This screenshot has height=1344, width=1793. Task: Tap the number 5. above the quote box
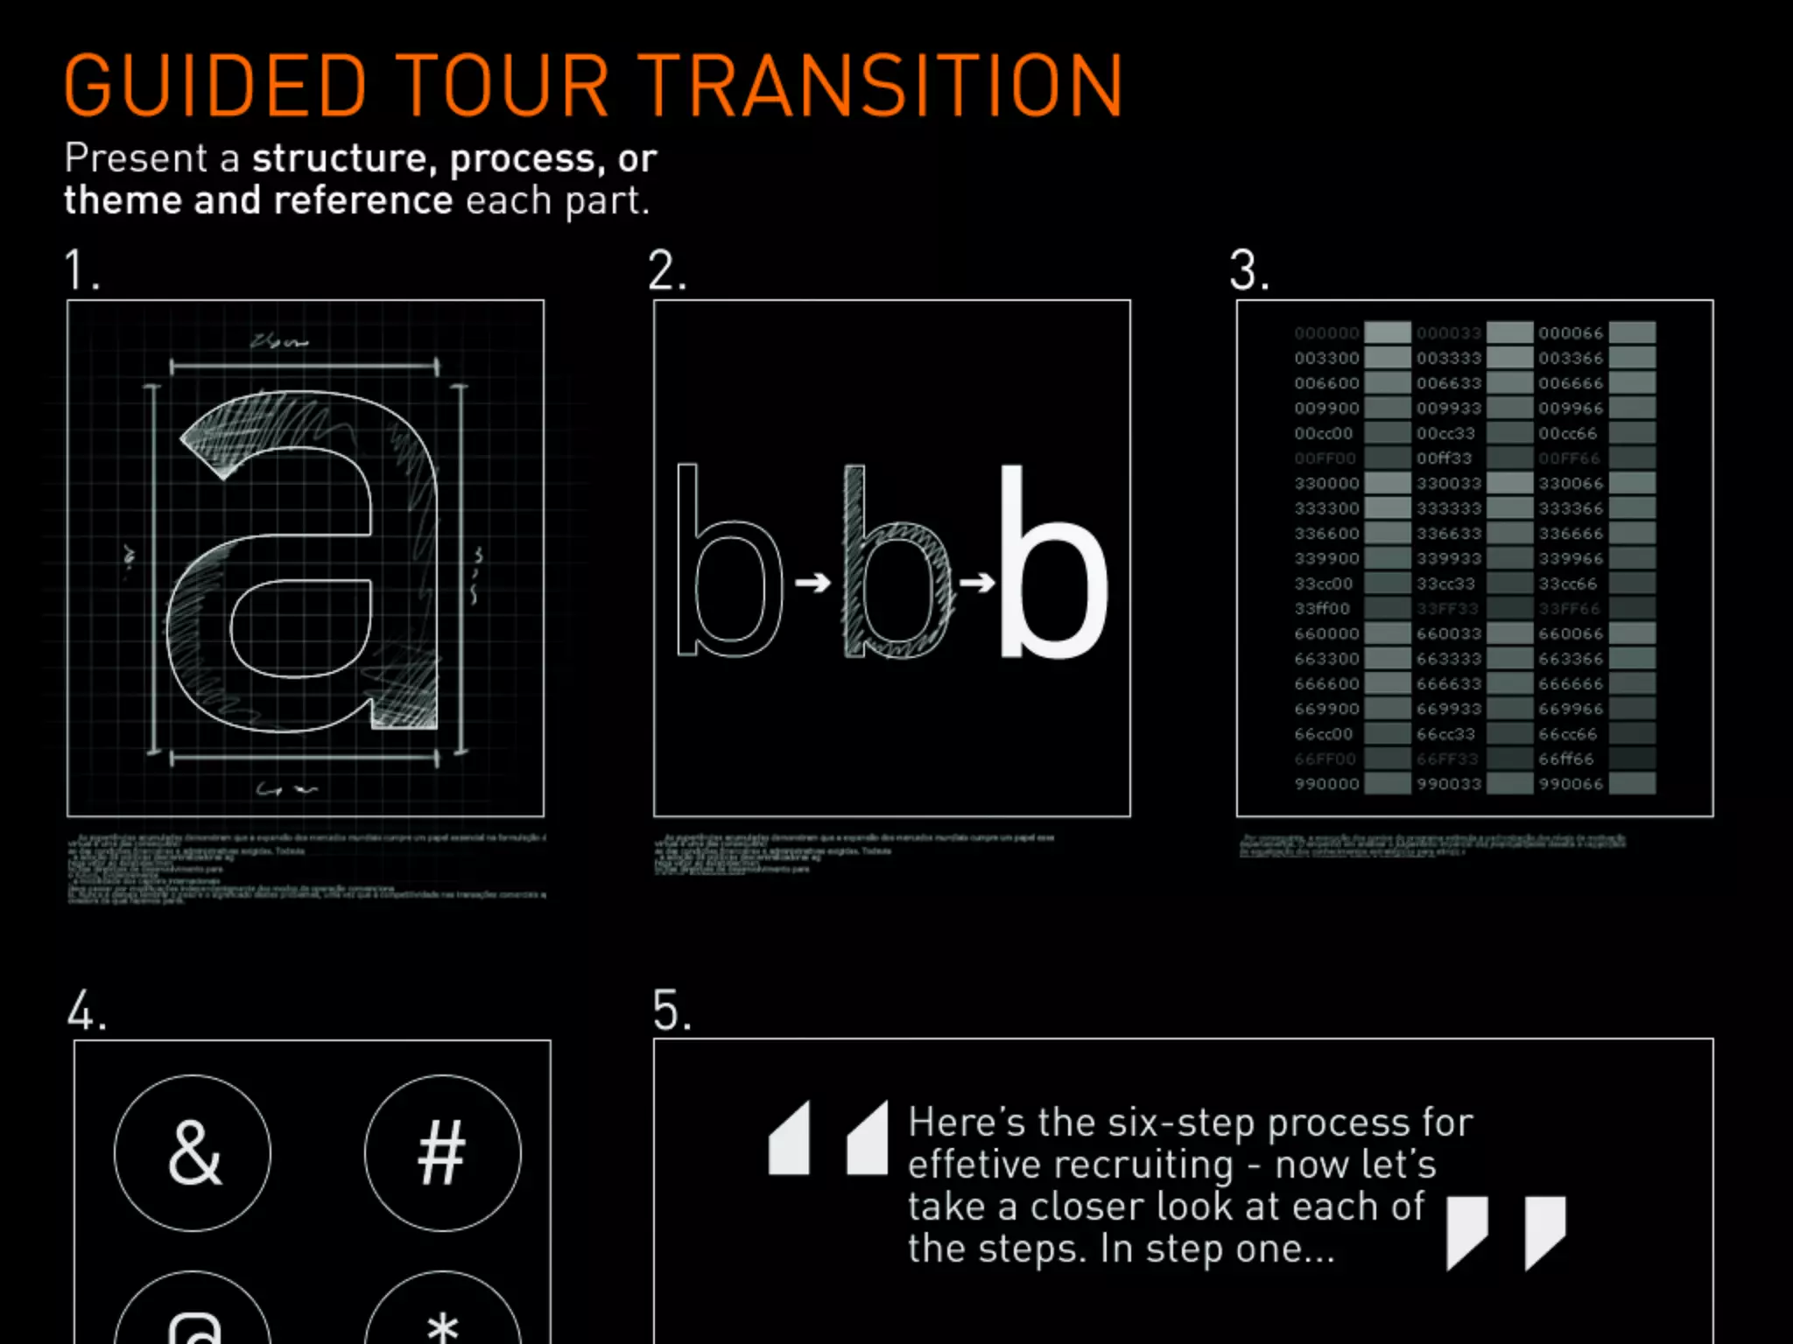point(671,1011)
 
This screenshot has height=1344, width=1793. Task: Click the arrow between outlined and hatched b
point(812,582)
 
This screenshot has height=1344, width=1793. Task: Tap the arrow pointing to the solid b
point(977,582)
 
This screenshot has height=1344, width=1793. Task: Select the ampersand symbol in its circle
point(193,1153)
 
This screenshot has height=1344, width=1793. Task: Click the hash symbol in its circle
point(442,1153)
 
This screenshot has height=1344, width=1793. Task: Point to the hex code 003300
point(1326,358)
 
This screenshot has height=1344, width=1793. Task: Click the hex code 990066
point(1571,784)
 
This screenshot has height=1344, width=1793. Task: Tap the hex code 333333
point(1449,508)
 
